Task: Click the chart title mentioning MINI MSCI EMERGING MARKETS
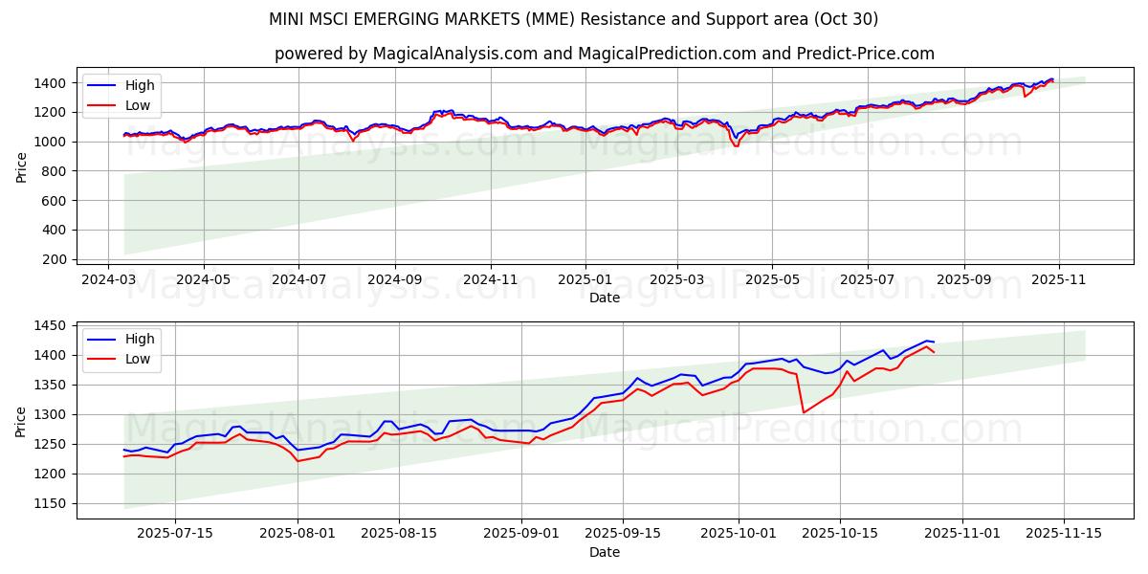574,19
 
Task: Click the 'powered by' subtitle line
604,54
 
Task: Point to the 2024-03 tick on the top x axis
108,280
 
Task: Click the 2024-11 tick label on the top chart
490,280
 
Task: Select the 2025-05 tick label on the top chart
772,280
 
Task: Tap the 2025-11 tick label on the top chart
1059,280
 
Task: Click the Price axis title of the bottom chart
21,420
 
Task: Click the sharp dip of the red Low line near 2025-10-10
804,412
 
